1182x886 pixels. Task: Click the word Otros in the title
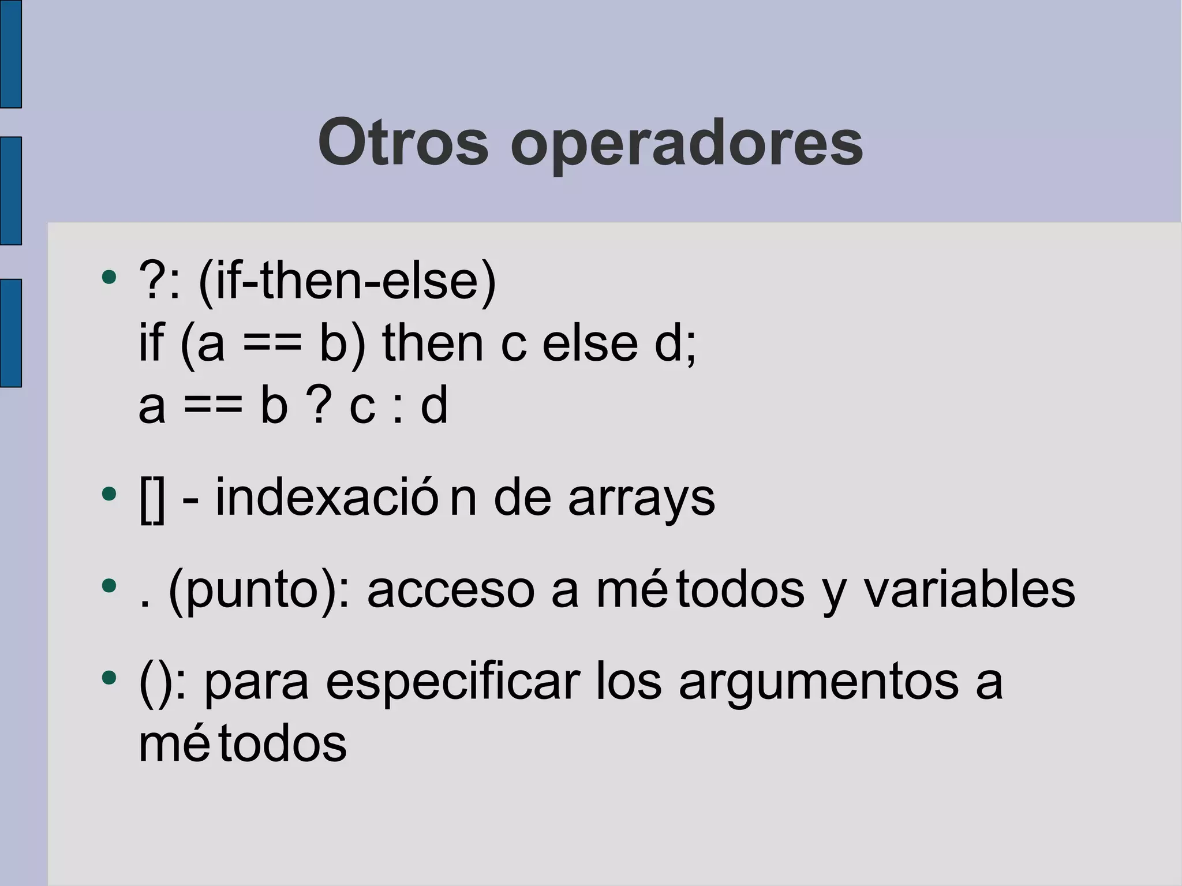(x=403, y=143)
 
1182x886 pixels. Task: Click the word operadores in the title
(x=686, y=144)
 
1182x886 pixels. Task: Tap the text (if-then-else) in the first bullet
(x=347, y=282)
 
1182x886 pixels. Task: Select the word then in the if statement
(x=433, y=343)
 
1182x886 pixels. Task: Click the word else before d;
(x=590, y=343)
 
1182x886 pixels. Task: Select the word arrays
(x=641, y=499)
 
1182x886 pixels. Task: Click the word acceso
(x=451, y=591)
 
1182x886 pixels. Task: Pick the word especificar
(x=452, y=683)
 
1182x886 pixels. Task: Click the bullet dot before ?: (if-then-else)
(x=109, y=278)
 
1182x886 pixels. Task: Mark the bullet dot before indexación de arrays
(x=109, y=494)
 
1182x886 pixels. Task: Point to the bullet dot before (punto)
(x=109, y=586)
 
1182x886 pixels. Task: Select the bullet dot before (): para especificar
(x=109, y=678)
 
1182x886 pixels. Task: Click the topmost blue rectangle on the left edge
(x=10, y=54)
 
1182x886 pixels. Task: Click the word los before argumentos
(x=629, y=683)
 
